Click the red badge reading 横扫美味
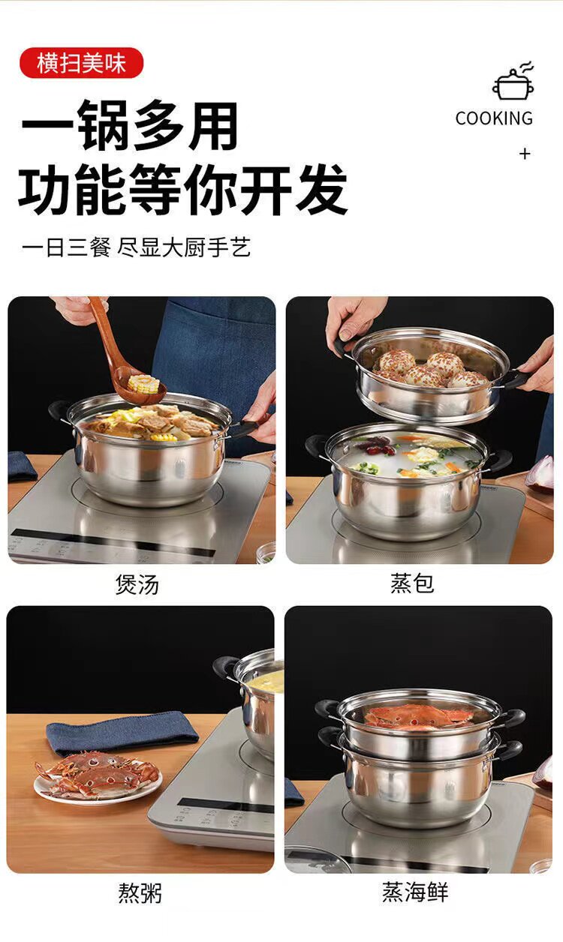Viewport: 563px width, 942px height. click(x=81, y=63)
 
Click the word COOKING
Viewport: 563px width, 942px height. click(x=494, y=118)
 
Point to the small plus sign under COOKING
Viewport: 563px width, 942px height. click(x=524, y=154)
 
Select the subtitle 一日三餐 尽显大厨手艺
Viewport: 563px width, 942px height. click(x=137, y=247)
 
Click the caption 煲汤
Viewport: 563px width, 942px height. click(x=137, y=585)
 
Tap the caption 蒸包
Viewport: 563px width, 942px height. click(x=412, y=583)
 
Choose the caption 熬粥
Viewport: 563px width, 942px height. click(x=140, y=892)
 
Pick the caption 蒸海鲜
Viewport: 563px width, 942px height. click(x=415, y=892)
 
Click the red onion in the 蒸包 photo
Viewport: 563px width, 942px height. click(x=543, y=473)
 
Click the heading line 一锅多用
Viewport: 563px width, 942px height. click(x=129, y=126)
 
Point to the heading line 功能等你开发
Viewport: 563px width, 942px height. click(x=183, y=189)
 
